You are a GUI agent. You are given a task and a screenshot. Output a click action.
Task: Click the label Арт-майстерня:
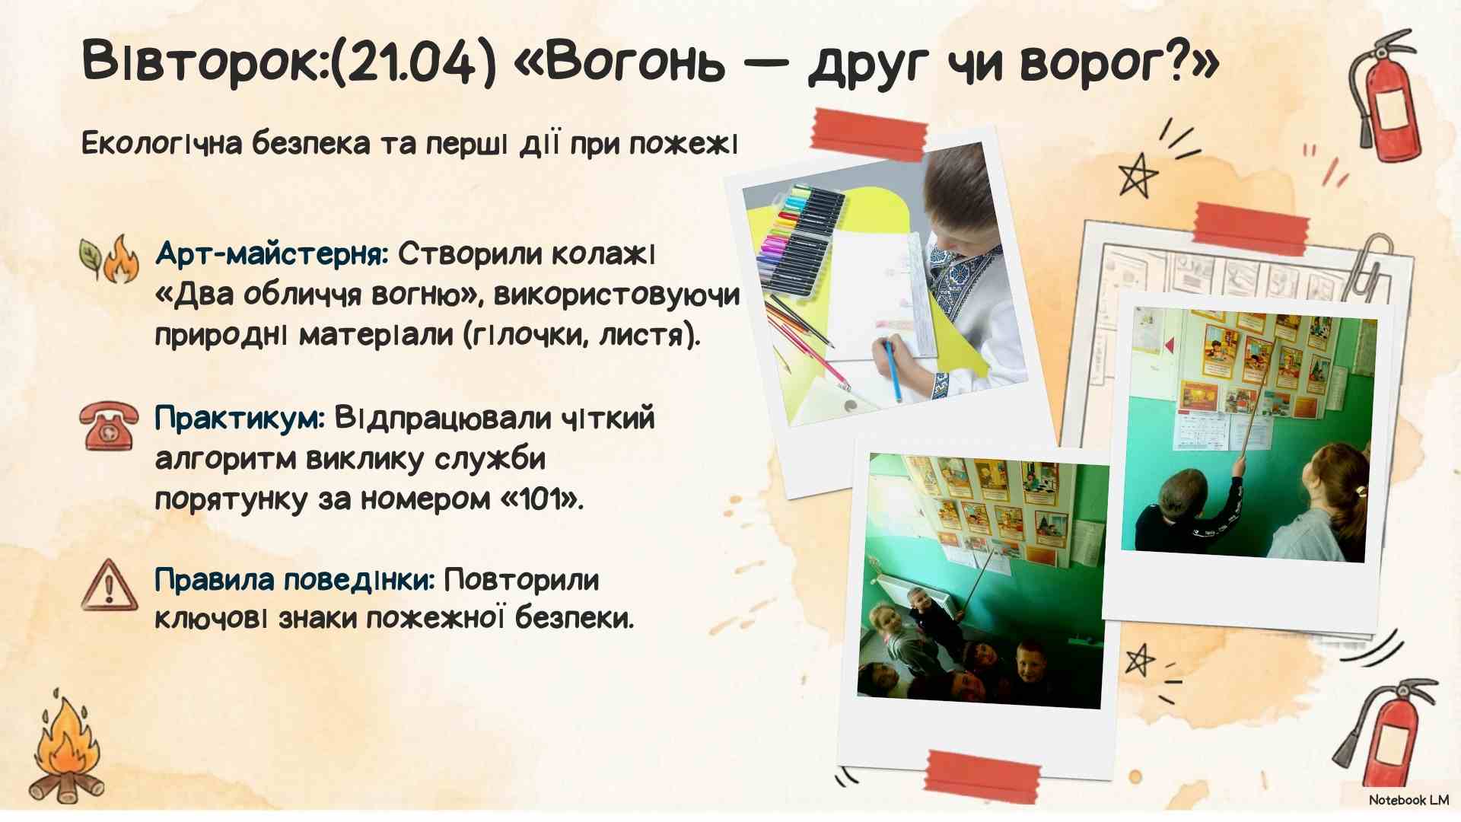pyautogui.click(x=272, y=253)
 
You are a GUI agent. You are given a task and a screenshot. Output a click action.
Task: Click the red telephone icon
pyautogui.click(x=110, y=426)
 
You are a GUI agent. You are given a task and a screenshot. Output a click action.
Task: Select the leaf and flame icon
pyautogui.click(x=110, y=259)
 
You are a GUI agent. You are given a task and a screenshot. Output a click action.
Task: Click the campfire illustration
pyautogui.click(x=67, y=750)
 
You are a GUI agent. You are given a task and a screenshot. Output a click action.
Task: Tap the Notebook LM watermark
pyautogui.click(x=1408, y=800)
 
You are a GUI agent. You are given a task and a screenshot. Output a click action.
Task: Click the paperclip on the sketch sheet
pyautogui.click(x=1369, y=266)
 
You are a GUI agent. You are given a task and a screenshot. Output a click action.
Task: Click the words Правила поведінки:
pyautogui.click(x=294, y=580)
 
